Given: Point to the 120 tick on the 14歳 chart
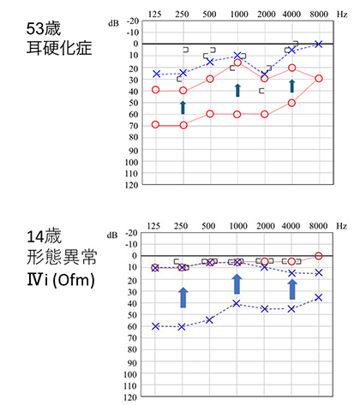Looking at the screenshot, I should pyautogui.click(x=131, y=397).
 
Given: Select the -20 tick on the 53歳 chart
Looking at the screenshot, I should pyautogui.click(x=131, y=20).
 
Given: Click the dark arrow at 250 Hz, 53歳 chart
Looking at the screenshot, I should pyautogui.click(x=183, y=106).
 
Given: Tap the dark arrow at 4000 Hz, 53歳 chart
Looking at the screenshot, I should pyautogui.click(x=291, y=86).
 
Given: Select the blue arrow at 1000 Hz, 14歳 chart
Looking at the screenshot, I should pyautogui.click(x=237, y=283).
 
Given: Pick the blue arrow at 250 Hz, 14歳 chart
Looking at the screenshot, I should pyautogui.click(x=183, y=297).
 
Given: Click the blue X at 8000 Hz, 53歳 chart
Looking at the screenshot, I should pyautogui.click(x=318, y=44).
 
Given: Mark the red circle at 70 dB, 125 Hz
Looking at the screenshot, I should pyautogui.click(x=155, y=125).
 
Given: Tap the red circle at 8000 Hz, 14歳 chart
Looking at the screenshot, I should pyautogui.click(x=318, y=256).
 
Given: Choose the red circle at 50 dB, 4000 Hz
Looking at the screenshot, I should pyautogui.click(x=291, y=103).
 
